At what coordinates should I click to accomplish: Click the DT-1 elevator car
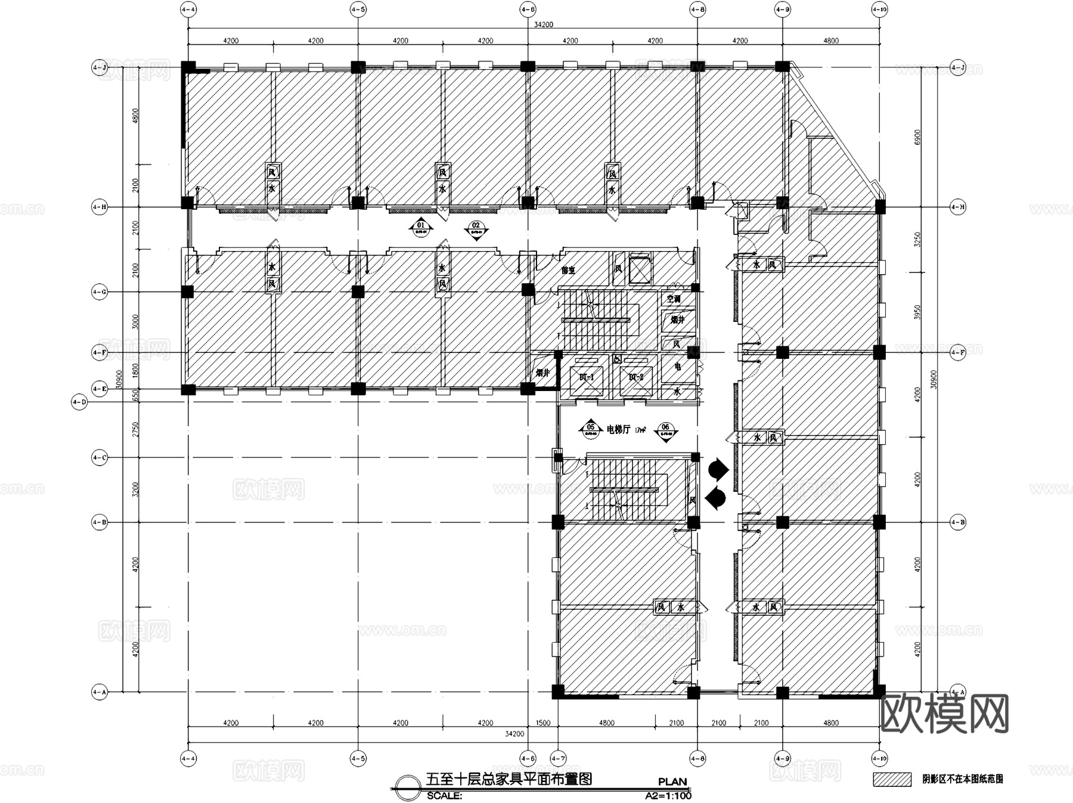[587, 377]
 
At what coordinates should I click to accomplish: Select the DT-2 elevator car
[636, 377]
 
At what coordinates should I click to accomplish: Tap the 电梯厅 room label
[618, 429]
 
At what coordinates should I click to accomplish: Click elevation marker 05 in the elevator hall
[591, 429]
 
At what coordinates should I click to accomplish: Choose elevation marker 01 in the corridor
[421, 227]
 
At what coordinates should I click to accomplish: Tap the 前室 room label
[568, 270]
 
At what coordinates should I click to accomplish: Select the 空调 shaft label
[674, 299]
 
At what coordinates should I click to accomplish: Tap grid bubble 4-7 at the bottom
[558, 759]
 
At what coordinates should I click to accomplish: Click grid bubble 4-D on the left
[79, 402]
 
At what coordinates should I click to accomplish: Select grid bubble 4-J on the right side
[957, 67]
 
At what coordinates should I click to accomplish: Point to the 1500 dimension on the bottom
[542, 723]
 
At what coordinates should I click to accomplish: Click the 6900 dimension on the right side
[917, 137]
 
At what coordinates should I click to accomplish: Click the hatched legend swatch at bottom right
[892, 779]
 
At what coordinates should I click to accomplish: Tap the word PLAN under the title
[672, 782]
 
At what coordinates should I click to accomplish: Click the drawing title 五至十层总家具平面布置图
[508, 779]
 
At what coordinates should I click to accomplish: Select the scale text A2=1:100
[668, 795]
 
